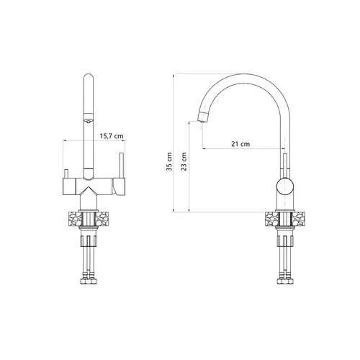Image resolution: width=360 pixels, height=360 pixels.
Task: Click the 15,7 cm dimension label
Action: tap(112, 136)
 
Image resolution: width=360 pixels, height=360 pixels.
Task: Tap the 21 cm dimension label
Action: tap(240, 144)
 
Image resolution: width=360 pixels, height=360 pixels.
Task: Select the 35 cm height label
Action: tap(169, 161)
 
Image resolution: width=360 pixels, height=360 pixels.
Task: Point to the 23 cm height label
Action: tap(184, 161)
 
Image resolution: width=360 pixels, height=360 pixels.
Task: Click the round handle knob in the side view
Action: tap(284, 186)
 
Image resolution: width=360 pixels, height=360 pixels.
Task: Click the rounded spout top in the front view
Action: tap(89, 77)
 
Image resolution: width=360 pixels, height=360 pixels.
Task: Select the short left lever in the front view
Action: tap(66, 174)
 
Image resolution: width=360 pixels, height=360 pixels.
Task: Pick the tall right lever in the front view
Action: tap(121, 165)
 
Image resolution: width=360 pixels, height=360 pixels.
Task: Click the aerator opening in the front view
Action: tap(89, 121)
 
